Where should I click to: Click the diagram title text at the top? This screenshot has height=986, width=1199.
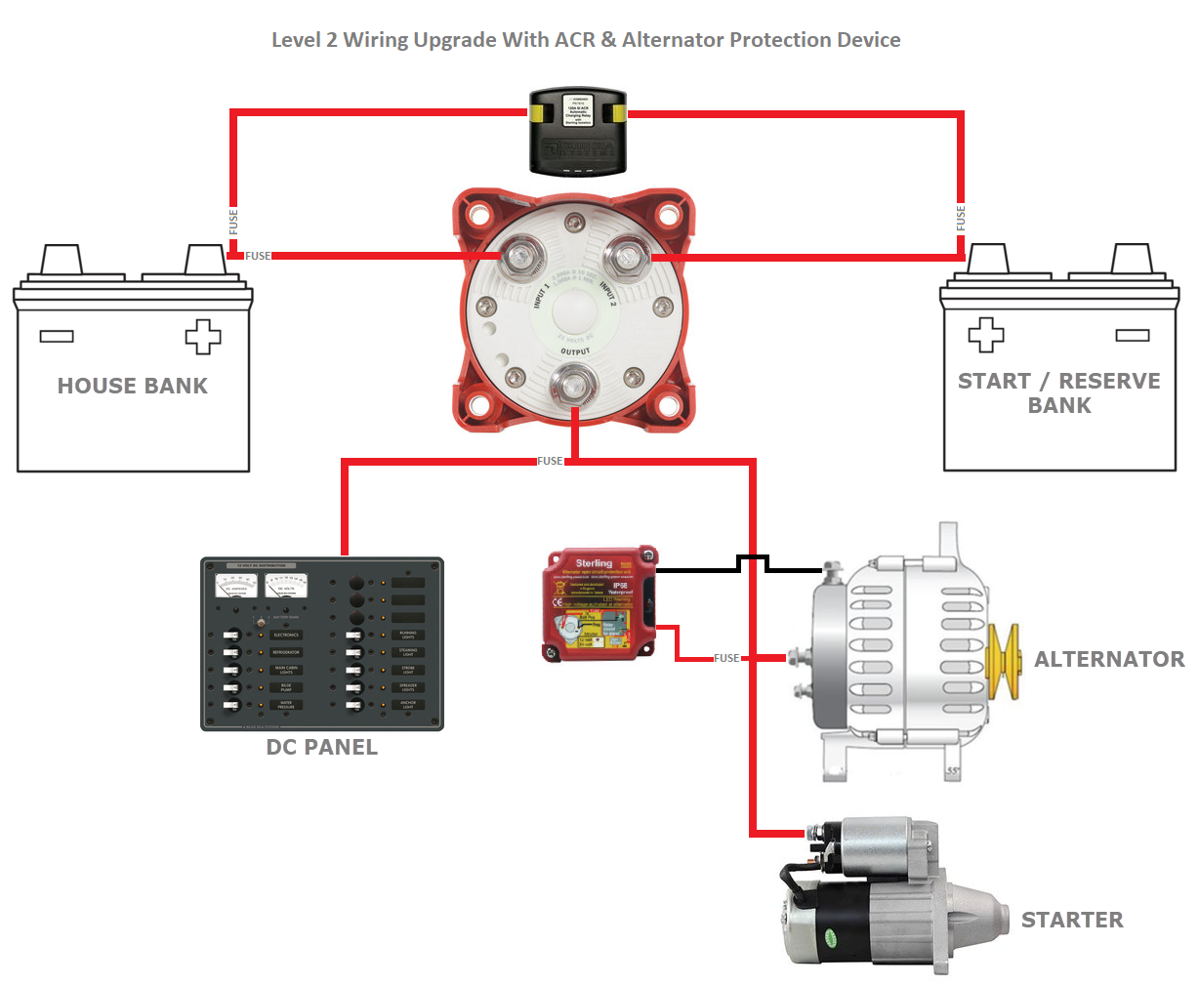pyautogui.click(x=586, y=40)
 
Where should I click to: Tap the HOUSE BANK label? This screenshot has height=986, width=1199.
pyautogui.click(x=133, y=386)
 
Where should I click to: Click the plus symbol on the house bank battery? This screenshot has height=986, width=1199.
pyautogui.click(x=203, y=336)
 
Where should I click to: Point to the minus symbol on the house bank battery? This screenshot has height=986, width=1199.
pyautogui.click(x=57, y=336)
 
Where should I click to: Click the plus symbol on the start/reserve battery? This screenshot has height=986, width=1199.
pyautogui.click(x=985, y=335)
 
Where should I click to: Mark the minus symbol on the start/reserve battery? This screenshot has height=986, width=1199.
pyautogui.click(x=1133, y=335)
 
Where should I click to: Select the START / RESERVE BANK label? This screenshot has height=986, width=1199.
pyautogui.click(x=1059, y=393)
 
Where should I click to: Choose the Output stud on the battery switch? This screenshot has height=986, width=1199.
pyautogui.click(x=574, y=384)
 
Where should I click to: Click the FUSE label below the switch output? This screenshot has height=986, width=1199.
pyautogui.click(x=550, y=461)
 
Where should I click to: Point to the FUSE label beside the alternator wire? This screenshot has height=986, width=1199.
pyautogui.click(x=726, y=658)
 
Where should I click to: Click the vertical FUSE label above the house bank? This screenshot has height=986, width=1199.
pyautogui.click(x=233, y=222)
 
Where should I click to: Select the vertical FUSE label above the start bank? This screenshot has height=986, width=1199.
pyautogui.click(x=961, y=218)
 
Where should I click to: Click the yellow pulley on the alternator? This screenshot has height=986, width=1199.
pyautogui.click(x=1003, y=661)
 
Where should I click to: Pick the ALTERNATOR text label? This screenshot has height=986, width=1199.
pyautogui.click(x=1109, y=659)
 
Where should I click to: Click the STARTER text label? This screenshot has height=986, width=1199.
pyautogui.click(x=1072, y=920)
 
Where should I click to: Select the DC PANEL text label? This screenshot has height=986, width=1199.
pyautogui.click(x=321, y=747)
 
